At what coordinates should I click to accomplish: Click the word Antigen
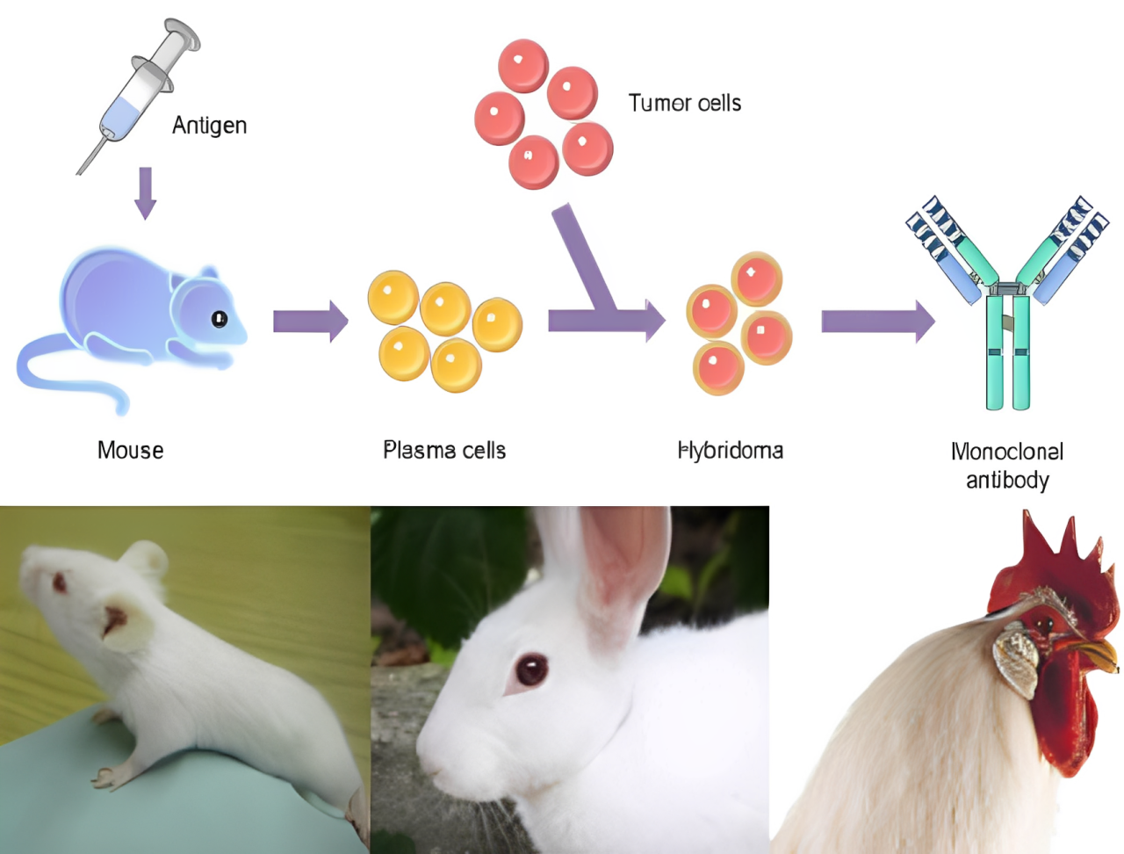coord(209,126)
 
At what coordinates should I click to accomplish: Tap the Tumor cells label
coord(684,104)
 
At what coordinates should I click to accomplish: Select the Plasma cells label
coord(444,451)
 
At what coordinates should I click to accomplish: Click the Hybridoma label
coord(731,451)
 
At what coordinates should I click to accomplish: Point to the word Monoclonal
coord(1007,452)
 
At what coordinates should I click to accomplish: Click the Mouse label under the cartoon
coord(130,451)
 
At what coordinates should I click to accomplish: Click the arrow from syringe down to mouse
coord(145,192)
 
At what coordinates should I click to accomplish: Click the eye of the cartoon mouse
coord(220,318)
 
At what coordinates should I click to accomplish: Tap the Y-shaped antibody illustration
coord(1007,308)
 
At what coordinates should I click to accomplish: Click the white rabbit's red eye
coord(530,669)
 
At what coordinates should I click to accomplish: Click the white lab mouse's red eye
coord(60,582)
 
